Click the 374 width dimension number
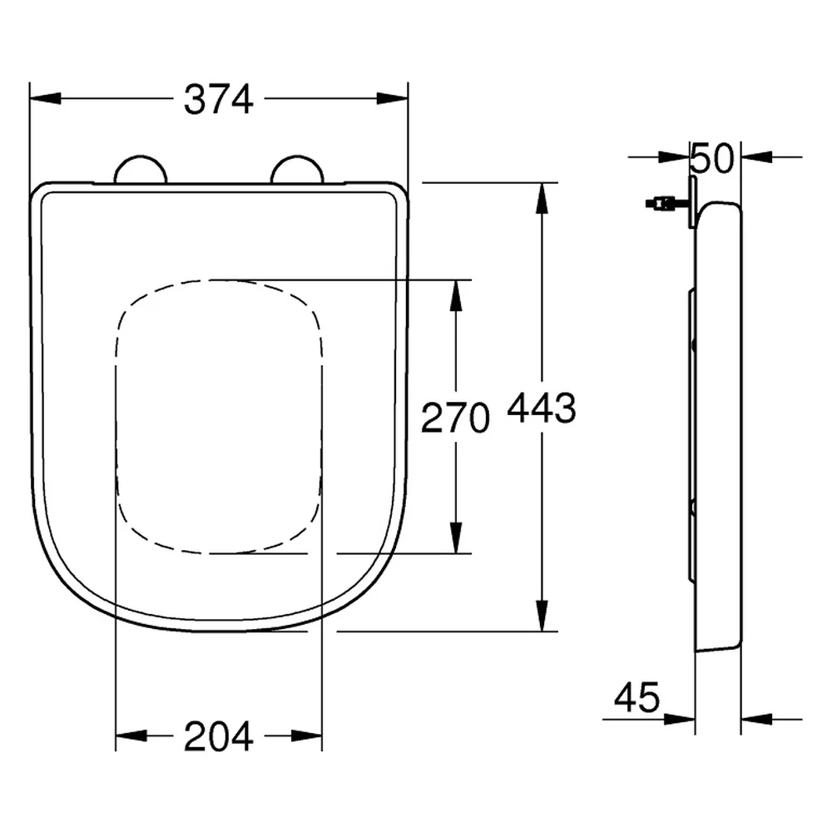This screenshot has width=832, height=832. point(219,99)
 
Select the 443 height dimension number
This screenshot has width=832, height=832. point(542,408)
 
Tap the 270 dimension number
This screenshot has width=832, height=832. point(455,418)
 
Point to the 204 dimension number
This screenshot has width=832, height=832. point(219,736)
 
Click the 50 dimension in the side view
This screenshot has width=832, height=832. point(713,158)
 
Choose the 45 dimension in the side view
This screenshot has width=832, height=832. point(636,697)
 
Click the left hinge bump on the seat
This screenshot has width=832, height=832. point(141,169)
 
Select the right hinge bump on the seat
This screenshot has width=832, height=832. point(297,169)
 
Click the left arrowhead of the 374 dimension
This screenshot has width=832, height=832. point(45,99)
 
